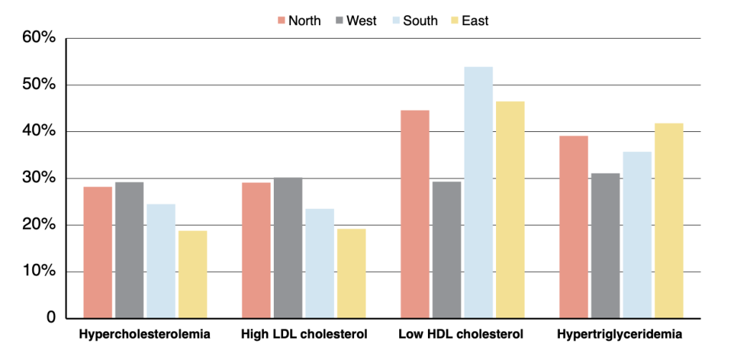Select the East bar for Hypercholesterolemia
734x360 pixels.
pyautogui.click(x=193, y=274)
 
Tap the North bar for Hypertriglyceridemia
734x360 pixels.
pyautogui.click(x=573, y=227)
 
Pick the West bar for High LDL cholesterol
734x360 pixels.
pyautogui.click(x=288, y=247)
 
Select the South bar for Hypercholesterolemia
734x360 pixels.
pyautogui.click(x=161, y=261)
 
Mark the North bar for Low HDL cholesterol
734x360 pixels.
pyautogui.click(x=415, y=214)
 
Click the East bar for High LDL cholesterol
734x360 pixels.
pyautogui.click(x=351, y=273)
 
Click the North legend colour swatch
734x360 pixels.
pyautogui.click(x=280, y=21)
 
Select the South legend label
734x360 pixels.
pyautogui.click(x=420, y=21)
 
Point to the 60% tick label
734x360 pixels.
pyautogui.click(x=40, y=38)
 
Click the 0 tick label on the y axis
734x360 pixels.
pyautogui.click(x=50, y=318)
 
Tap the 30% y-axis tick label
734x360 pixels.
pyautogui.click(x=40, y=178)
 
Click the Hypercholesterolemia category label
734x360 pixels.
pyautogui.click(x=145, y=334)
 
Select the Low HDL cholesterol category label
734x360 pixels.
pyautogui.click(x=462, y=334)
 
